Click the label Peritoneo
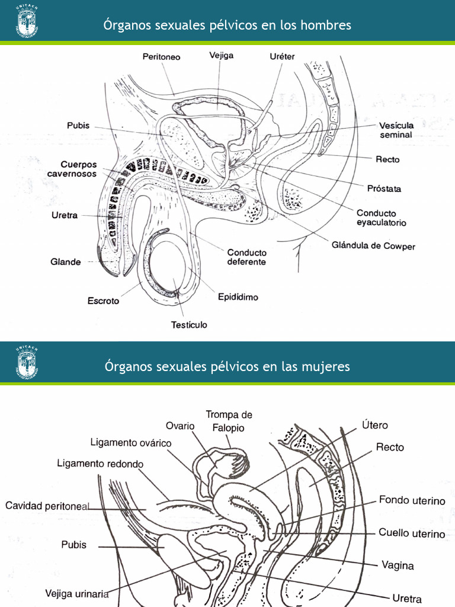[x=161, y=57]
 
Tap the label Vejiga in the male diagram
[x=221, y=56]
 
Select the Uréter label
[x=282, y=57]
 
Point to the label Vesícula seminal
[x=396, y=130]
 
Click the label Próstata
[x=384, y=189]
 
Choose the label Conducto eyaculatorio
[x=381, y=218]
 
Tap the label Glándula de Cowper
[x=373, y=246]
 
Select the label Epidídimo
[x=238, y=297]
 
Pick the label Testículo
[x=189, y=325]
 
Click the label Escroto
[x=103, y=301]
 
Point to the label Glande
[x=65, y=261]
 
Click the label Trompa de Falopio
[x=229, y=421]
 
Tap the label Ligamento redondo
[x=100, y=464]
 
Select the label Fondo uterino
[x=412, y=501]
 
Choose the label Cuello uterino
[x=412, y=533]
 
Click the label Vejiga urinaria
[x=77, y=593]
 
